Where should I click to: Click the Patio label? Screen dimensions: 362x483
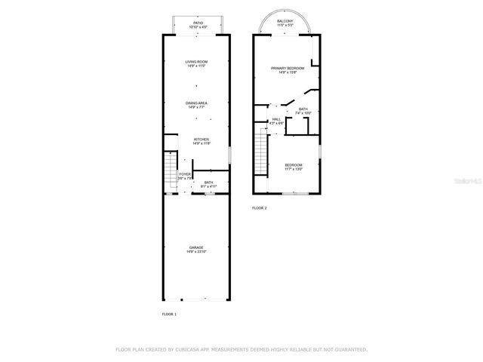pos(198,23)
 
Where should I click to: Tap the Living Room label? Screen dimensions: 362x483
pos(197,62)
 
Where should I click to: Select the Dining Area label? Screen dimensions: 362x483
pos(197,103)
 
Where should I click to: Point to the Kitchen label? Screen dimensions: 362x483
pos(201,140)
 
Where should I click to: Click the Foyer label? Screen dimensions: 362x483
pos(185,174)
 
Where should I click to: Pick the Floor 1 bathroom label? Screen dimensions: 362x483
pos(208,183)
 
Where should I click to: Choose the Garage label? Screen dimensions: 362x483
pos(197,247)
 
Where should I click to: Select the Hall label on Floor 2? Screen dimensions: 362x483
pos(276,119)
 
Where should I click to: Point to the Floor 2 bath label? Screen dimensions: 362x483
pos(303,110)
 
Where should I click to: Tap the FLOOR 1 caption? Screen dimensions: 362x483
pos(169,313)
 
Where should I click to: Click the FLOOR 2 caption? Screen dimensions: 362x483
pos(260,208)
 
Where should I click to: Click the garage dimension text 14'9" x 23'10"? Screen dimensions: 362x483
pos(197,252)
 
